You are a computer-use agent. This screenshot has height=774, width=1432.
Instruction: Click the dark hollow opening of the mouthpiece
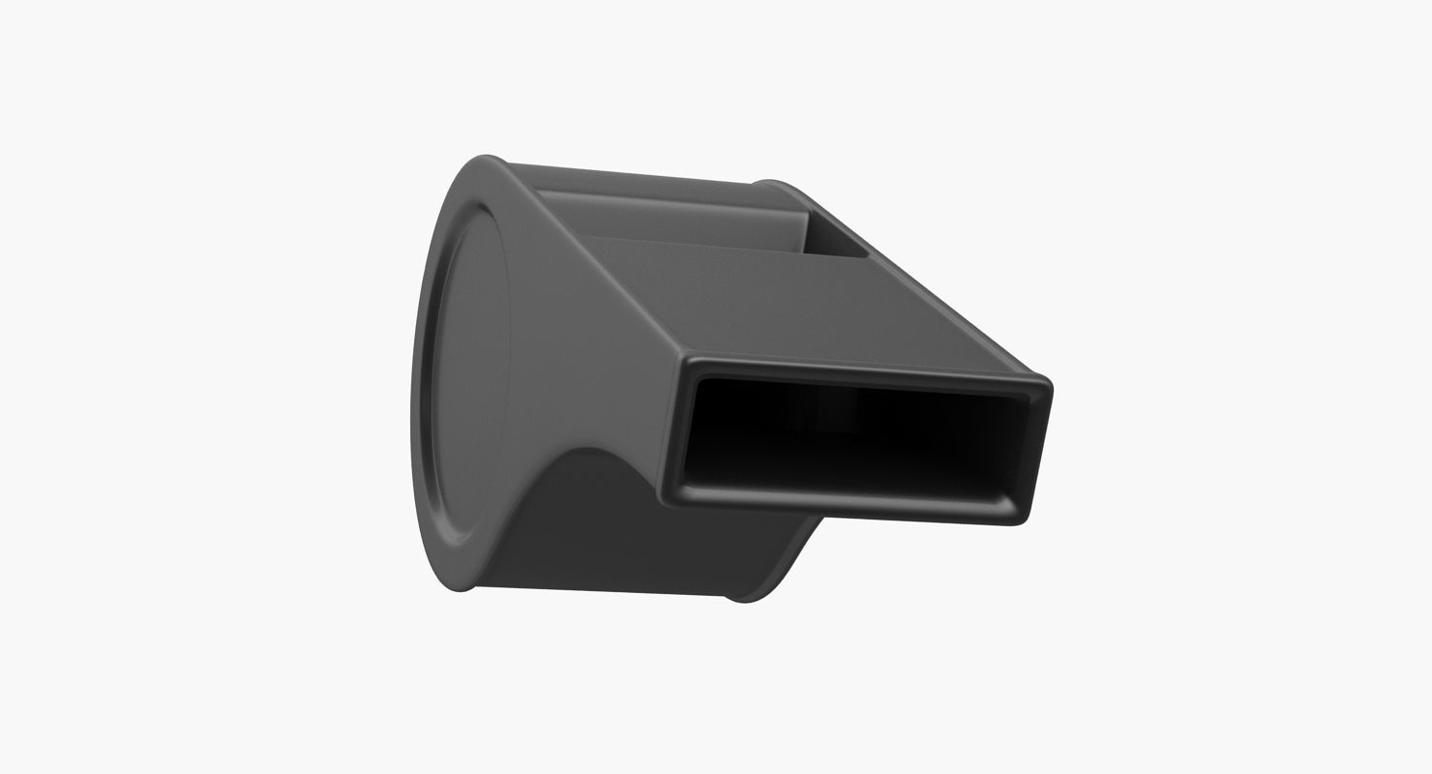coord(851,435)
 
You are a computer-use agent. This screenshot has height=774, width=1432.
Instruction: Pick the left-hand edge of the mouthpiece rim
coord(674,426)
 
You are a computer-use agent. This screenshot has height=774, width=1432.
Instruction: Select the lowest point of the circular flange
coord(455,588)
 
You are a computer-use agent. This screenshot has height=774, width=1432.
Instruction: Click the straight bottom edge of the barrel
coord(600,590)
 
